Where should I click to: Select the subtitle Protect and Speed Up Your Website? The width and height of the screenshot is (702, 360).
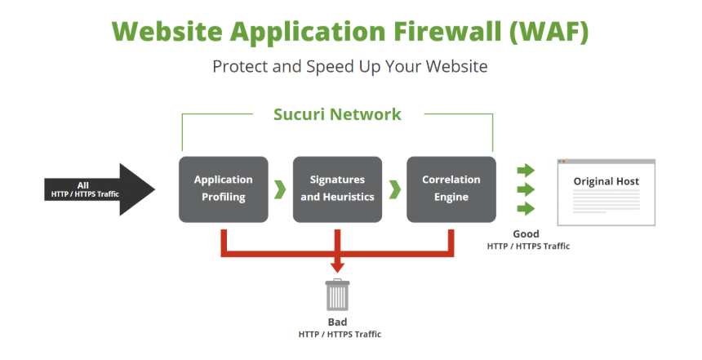coord(350,66)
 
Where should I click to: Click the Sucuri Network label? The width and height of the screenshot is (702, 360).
coord(337,114)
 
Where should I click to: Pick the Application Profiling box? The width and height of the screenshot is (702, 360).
coord(223,189)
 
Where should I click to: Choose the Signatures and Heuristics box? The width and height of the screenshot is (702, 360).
coord(337,189)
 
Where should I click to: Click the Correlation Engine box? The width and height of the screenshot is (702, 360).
coord(451,189)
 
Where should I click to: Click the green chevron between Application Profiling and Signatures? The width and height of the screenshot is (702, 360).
coord(280,189)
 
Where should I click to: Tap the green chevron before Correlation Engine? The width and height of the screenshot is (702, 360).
coord(394,189)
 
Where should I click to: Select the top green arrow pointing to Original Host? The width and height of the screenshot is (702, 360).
coord(526,171)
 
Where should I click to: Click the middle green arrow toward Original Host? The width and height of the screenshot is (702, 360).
coord(526,189)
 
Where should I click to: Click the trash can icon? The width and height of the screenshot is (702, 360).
coord(337,295)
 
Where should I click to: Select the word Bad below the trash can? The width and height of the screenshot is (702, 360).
coord(337,322)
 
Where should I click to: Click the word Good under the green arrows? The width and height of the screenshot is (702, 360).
coord(526,234)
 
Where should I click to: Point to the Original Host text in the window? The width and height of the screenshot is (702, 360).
coord(606,181)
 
